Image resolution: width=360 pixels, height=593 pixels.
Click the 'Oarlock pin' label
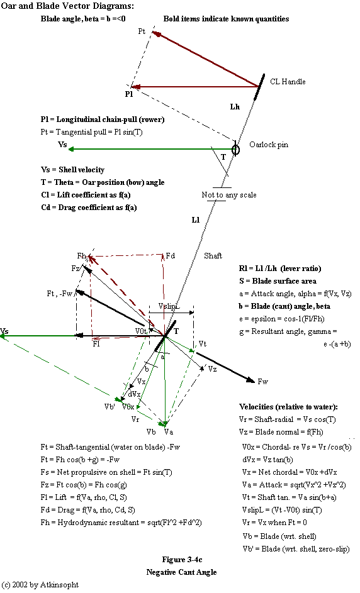(x=269, y=145)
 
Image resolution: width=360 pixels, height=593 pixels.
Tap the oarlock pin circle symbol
(x=236, y=150)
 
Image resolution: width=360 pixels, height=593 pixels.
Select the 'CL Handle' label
(x=288, y=82)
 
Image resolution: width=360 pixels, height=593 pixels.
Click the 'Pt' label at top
(x=142, y=31)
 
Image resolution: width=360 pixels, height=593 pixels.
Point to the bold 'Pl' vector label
(x=128, y=94)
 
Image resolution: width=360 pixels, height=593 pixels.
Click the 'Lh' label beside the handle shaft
(x=235, y=107)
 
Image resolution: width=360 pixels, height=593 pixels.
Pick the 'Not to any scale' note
(x=229, y=195)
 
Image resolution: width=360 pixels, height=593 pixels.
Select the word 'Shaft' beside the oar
(x=213, y=256)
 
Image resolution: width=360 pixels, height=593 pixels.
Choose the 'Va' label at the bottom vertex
(x=168, y=432)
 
